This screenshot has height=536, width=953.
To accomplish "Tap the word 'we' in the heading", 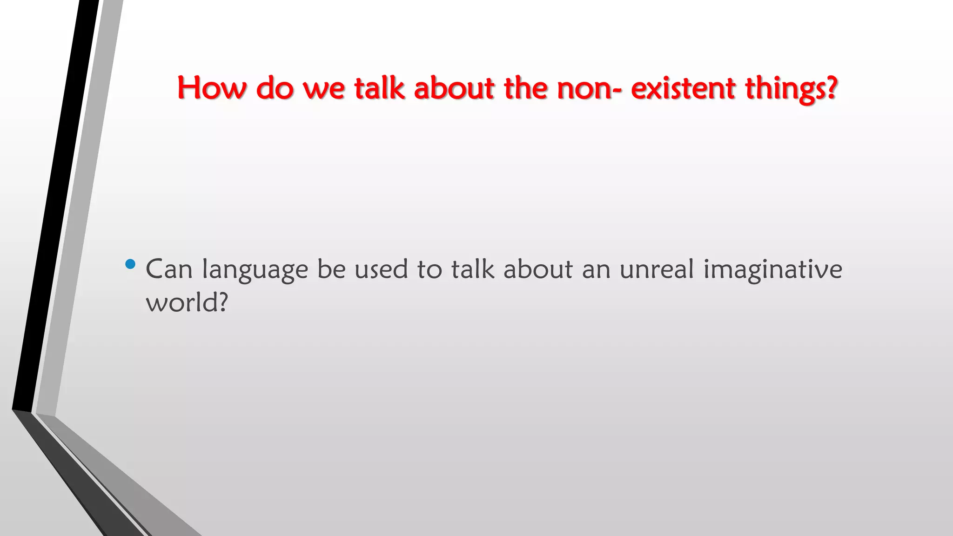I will click(324, 88).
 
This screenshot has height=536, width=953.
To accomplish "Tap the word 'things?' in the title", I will click(792, 88).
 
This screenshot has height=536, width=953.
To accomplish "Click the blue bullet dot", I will click(131, 265).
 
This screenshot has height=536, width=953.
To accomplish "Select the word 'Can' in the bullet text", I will click(169, 269).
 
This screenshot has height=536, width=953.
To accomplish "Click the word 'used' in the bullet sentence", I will click(381, 269).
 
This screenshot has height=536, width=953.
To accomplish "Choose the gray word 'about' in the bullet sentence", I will click(538, 269).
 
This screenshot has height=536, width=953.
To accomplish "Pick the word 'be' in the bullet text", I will click(331, 269).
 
